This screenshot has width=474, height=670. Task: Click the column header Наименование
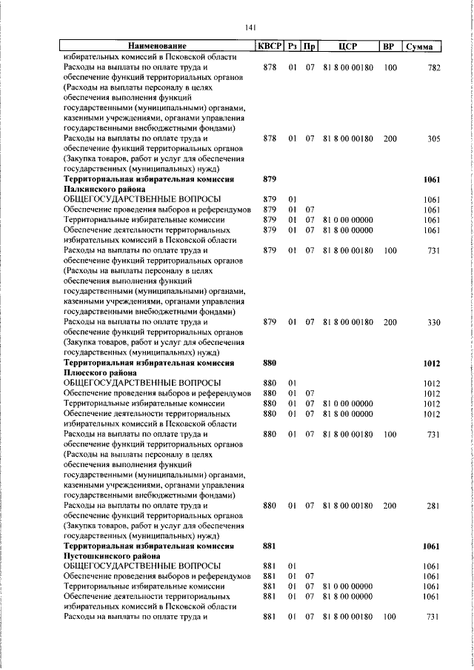[156, 47]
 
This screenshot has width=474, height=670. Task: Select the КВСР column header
[270, 47]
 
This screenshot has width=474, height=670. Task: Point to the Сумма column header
[420, 47]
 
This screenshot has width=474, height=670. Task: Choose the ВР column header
[388, 47]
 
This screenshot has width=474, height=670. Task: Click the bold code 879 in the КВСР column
[270, 179]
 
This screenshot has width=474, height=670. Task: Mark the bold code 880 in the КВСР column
[270, 363]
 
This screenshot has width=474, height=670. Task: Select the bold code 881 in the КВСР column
[270, 546]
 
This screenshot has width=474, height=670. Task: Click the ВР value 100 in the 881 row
[390, 617]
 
